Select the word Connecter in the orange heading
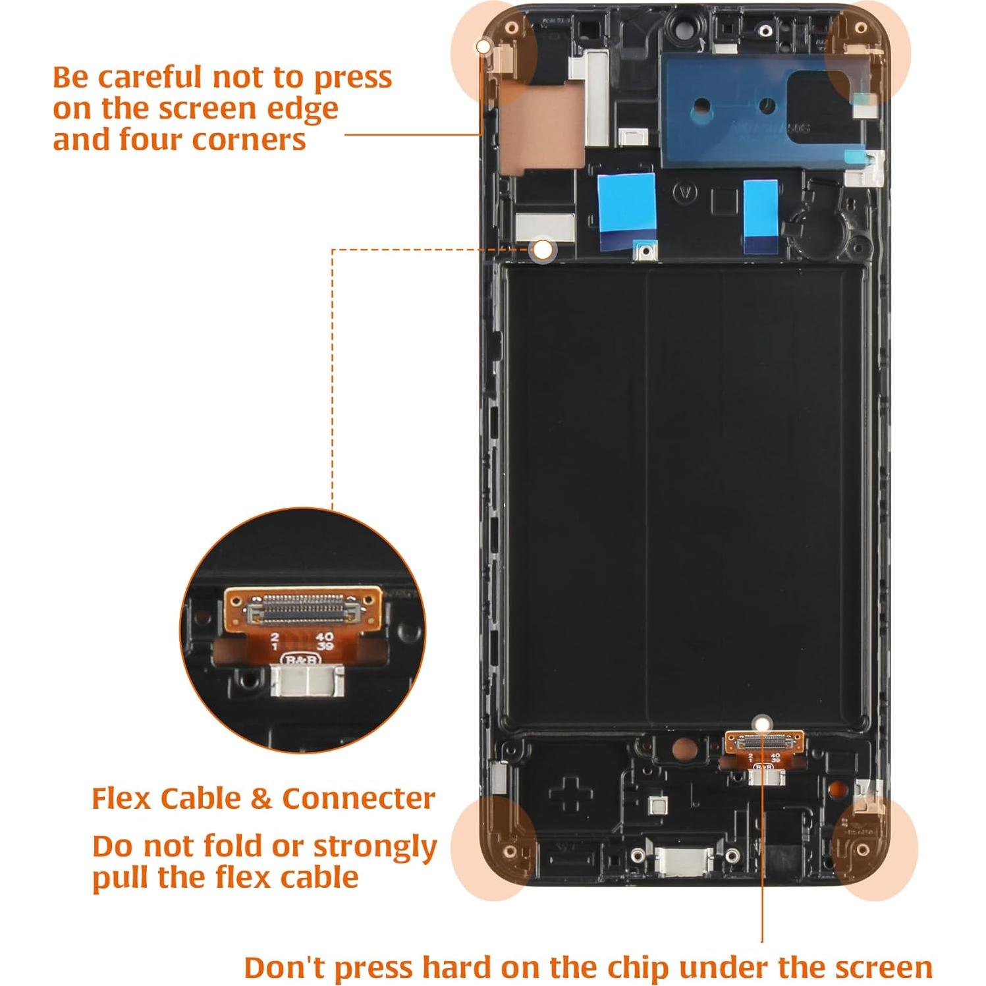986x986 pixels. (358, 798)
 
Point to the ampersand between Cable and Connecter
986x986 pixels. (261, 799)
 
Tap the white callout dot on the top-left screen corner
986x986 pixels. (483, 47)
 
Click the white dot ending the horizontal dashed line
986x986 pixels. (543, 250)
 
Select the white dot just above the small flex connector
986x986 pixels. (763, 723)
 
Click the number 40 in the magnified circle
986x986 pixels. (324, 637)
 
